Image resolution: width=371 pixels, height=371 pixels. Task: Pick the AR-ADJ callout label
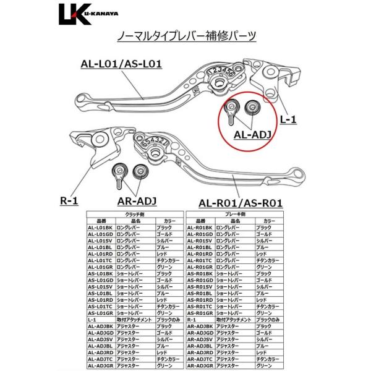(138, 201)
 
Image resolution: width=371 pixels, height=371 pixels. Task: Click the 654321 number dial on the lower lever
(151, 144)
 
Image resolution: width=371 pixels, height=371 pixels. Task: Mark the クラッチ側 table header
(135, 213)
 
